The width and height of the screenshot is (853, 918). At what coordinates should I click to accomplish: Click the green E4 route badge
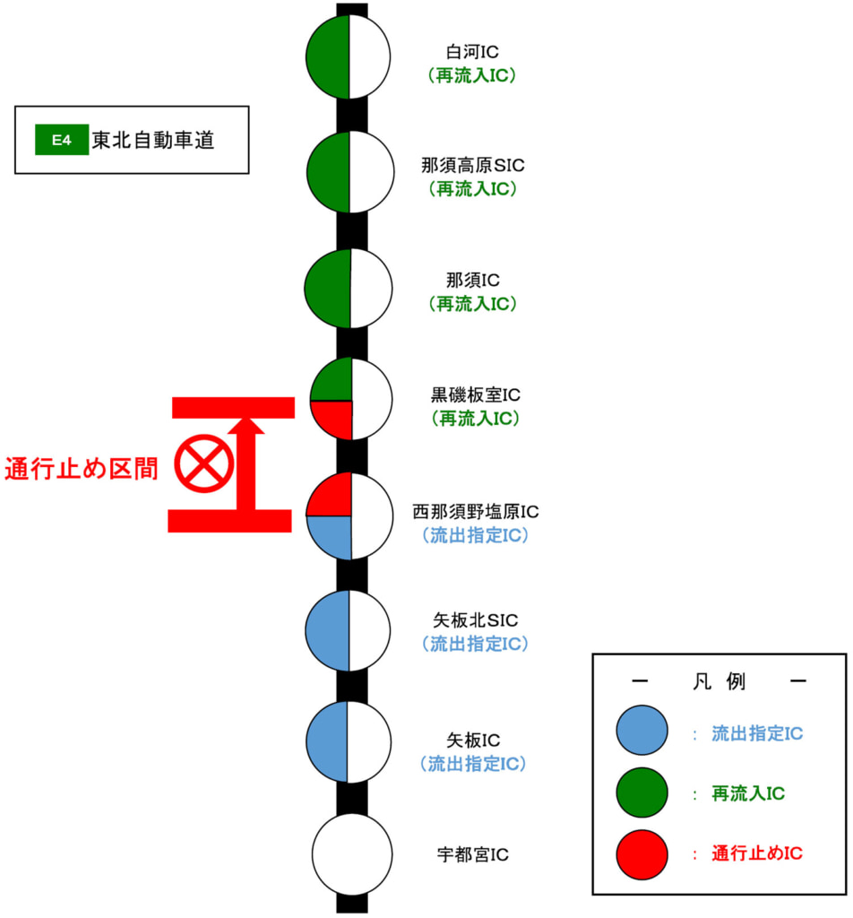(x=61, y=141)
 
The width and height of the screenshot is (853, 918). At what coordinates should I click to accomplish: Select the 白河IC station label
(x=472, y=52)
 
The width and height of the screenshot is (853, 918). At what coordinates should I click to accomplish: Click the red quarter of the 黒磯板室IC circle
(x=333, y=418)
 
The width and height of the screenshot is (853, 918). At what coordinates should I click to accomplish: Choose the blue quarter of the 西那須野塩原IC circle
(x=331, y=535)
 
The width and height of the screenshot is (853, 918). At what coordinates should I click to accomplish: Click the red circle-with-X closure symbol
(x=205, y=463)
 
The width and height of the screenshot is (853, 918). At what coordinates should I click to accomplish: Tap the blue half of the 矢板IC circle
(x=328, y=741)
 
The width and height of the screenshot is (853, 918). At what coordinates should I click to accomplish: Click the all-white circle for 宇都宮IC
(x=351, y=854)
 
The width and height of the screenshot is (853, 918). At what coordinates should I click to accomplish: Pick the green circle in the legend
(x=642, y=792)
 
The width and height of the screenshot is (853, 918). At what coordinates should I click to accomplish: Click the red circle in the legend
(x=642, y=854)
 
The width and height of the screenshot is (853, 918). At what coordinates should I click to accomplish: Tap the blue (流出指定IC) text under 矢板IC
(x=472, y=764)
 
